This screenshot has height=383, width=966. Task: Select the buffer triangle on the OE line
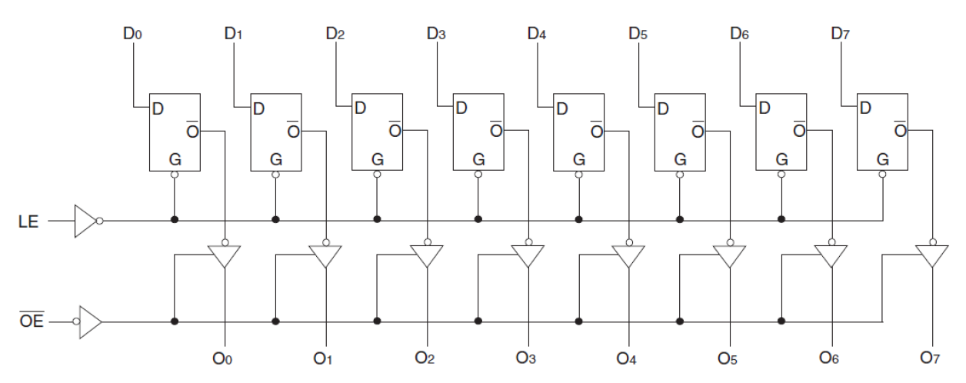coord(89,321)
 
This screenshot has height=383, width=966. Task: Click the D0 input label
coord(132,34)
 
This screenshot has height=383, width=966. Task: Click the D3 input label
coord(436,34)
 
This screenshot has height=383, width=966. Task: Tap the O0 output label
coord(225,359)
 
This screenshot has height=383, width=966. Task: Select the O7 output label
coord(931,359)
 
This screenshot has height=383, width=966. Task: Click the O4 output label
coord(628,359)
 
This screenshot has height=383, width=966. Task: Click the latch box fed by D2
coord(377,132)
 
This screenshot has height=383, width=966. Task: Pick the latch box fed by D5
coord(680,132)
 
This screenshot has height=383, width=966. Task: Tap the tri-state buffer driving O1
coord(326,255)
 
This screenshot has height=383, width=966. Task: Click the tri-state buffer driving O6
coord(831,255)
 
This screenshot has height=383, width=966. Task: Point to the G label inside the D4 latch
coord(579,160)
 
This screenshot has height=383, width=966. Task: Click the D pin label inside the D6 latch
coord(764,108)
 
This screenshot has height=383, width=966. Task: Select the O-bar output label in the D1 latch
coord(292,129)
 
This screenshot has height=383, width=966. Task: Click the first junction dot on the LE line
coord(175,221)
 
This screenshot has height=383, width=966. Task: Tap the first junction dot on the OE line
coord(175,321)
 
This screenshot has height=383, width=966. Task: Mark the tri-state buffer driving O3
coord(528,255)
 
